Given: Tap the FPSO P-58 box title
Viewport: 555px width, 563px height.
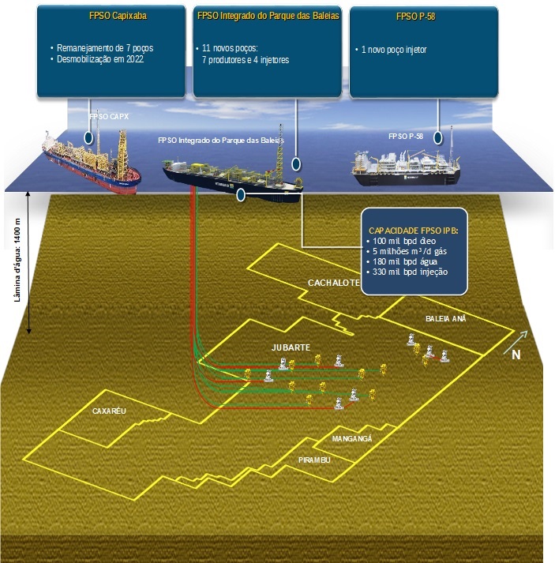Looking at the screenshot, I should [x=423, y=16].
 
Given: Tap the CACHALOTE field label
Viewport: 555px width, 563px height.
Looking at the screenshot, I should [x=333, y=283].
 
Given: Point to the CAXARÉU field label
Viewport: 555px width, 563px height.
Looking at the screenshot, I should [x=109, y=411].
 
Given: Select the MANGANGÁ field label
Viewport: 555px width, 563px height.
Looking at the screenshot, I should [x=351, y=439].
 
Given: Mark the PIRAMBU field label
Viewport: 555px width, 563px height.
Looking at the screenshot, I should [x=314, y=460].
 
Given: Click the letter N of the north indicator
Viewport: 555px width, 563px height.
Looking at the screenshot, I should [x=516, y=355].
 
